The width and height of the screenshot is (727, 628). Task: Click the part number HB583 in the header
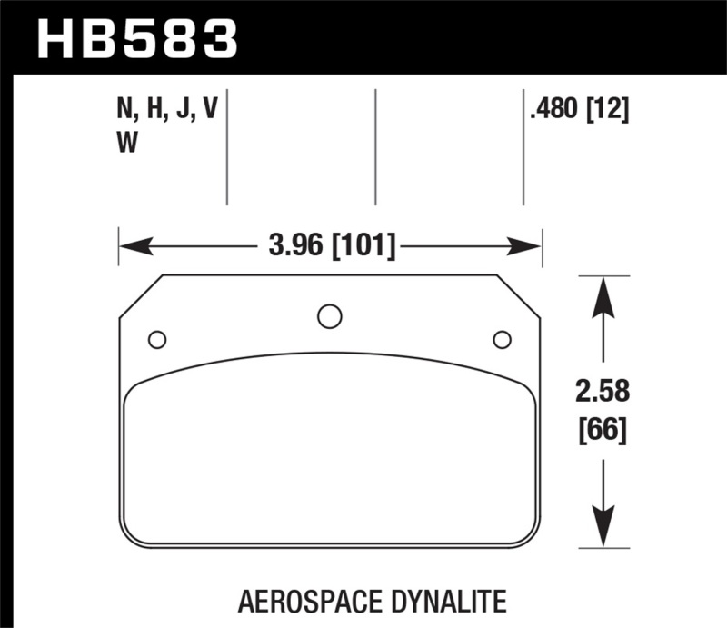tap(136, 39)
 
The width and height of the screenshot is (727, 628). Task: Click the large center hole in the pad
tap(330, 316)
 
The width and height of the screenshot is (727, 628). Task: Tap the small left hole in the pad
tap(157, 340)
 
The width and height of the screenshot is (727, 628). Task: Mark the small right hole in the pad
tap(501, 340)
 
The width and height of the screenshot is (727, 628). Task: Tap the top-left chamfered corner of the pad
tap(141, 296)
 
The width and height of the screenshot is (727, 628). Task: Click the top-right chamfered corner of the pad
tap(519, 296)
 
